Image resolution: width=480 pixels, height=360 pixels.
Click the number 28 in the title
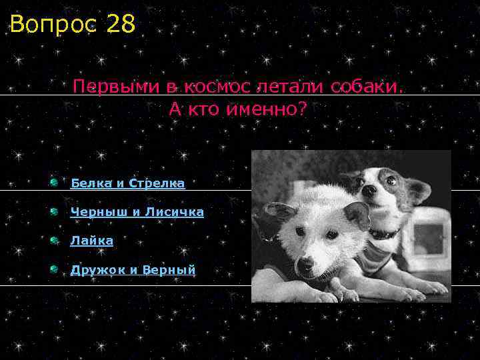[x=120, y=25]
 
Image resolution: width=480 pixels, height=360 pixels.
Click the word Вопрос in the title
[x=53, y=25]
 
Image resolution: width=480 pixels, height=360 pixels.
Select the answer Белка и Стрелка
[x=127, y=183]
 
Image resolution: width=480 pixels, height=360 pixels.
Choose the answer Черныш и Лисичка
[x=137, y=212]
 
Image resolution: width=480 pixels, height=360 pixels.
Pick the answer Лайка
[x=91, y=241]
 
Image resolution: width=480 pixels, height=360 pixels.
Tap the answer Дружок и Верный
[x=133, y=269]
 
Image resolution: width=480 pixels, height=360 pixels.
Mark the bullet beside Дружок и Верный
[x=53, y=269]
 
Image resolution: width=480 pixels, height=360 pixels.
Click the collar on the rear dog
[x=385, y=233]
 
